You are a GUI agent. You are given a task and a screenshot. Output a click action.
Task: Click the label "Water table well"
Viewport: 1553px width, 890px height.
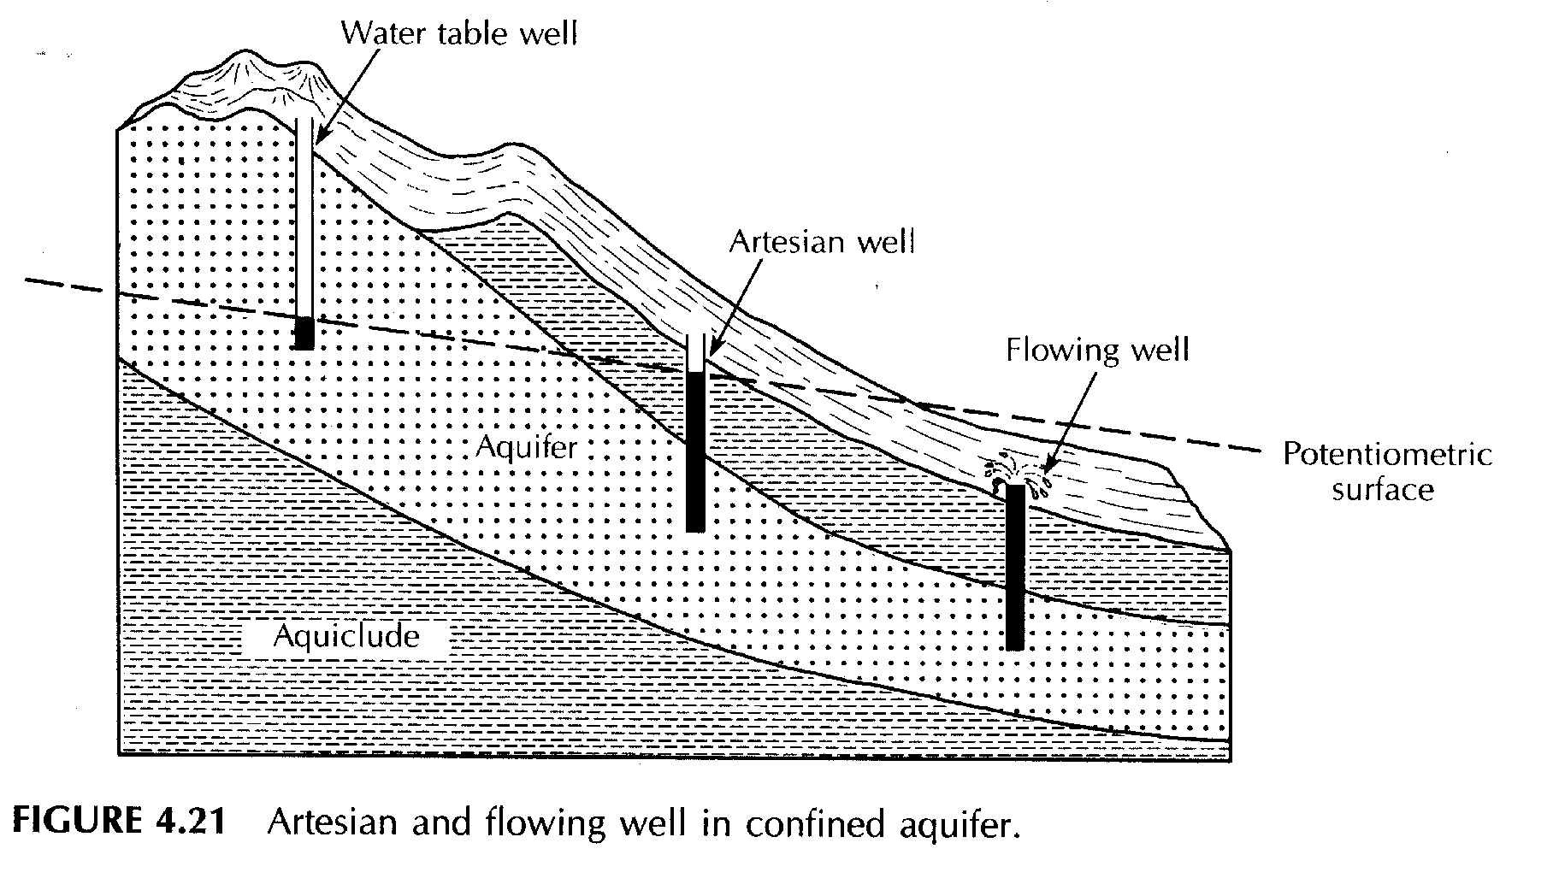459,33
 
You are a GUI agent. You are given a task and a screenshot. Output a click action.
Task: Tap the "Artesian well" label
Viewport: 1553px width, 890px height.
821,242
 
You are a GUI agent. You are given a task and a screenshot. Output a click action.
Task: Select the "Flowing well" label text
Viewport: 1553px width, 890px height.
1097,350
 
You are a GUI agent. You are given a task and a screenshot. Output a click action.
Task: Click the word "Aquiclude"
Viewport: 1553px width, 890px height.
346,636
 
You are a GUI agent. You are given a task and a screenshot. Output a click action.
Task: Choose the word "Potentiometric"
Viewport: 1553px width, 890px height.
1386,455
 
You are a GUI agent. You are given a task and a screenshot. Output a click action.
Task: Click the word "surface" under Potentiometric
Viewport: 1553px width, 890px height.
1382,490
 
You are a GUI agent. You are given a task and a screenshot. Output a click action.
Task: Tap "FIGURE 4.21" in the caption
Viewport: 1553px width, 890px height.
120,822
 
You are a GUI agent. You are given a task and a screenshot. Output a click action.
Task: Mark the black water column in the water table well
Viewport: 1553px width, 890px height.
304,333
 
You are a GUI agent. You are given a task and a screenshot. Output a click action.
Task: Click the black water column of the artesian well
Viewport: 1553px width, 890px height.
695,451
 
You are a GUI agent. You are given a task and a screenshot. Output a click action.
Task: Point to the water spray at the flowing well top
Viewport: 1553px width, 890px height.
1015,473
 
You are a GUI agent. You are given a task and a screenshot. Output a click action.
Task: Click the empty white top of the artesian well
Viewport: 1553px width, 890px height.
696,351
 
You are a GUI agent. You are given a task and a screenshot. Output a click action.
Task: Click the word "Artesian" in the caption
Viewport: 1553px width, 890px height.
332,822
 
